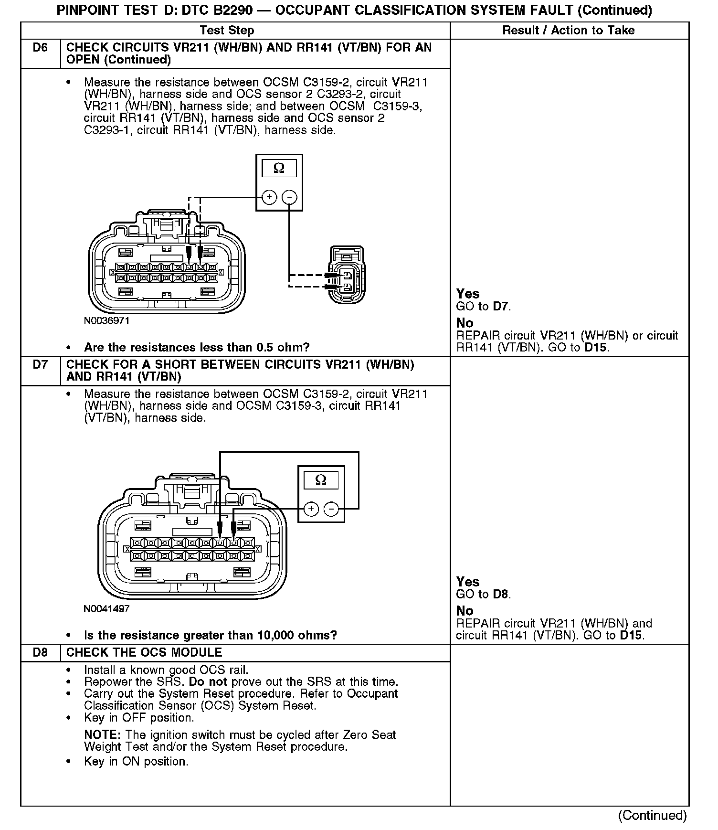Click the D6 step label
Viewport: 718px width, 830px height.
point(41,48)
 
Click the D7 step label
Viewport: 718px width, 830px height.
point(41,365)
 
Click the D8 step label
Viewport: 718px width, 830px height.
point(41,652)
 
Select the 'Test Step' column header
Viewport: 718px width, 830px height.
point(227,31)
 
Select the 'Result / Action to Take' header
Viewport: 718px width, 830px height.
point(568,31)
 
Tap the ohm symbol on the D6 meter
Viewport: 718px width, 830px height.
point(279,168)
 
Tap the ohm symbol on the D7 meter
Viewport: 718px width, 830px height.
point(321,480)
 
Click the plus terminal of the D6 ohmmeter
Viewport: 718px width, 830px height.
point(269,197)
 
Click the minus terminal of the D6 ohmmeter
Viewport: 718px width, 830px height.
point(289,197)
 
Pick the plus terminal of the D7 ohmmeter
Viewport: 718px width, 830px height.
point(311,509)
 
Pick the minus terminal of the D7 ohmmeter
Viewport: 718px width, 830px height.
point(331,509)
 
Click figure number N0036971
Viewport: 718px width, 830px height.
point(106,321)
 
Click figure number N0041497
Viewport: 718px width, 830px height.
point(106,609)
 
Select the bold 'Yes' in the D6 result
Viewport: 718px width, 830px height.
point(467,294)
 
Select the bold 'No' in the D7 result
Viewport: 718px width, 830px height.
point(465,611)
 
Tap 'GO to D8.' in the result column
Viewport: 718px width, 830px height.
point(483,595)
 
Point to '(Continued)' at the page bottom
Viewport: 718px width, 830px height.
point(653,815)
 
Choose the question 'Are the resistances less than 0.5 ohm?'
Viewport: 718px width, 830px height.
point(197,347)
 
